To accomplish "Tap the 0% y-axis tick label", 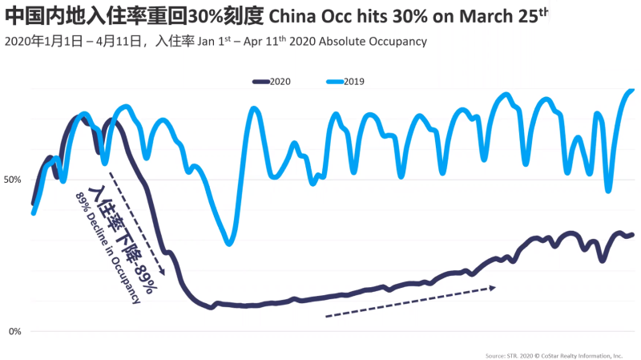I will tap(14, 331).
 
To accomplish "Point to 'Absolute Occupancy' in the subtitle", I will tap(377, 41).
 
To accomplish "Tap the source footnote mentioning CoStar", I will tap(553, 354).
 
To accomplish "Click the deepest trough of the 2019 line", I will tap(230, 242).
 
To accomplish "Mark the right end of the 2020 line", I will tap(632, 235).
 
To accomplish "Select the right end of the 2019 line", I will tap(632, 90).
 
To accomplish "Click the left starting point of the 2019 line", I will tap(34, 212).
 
